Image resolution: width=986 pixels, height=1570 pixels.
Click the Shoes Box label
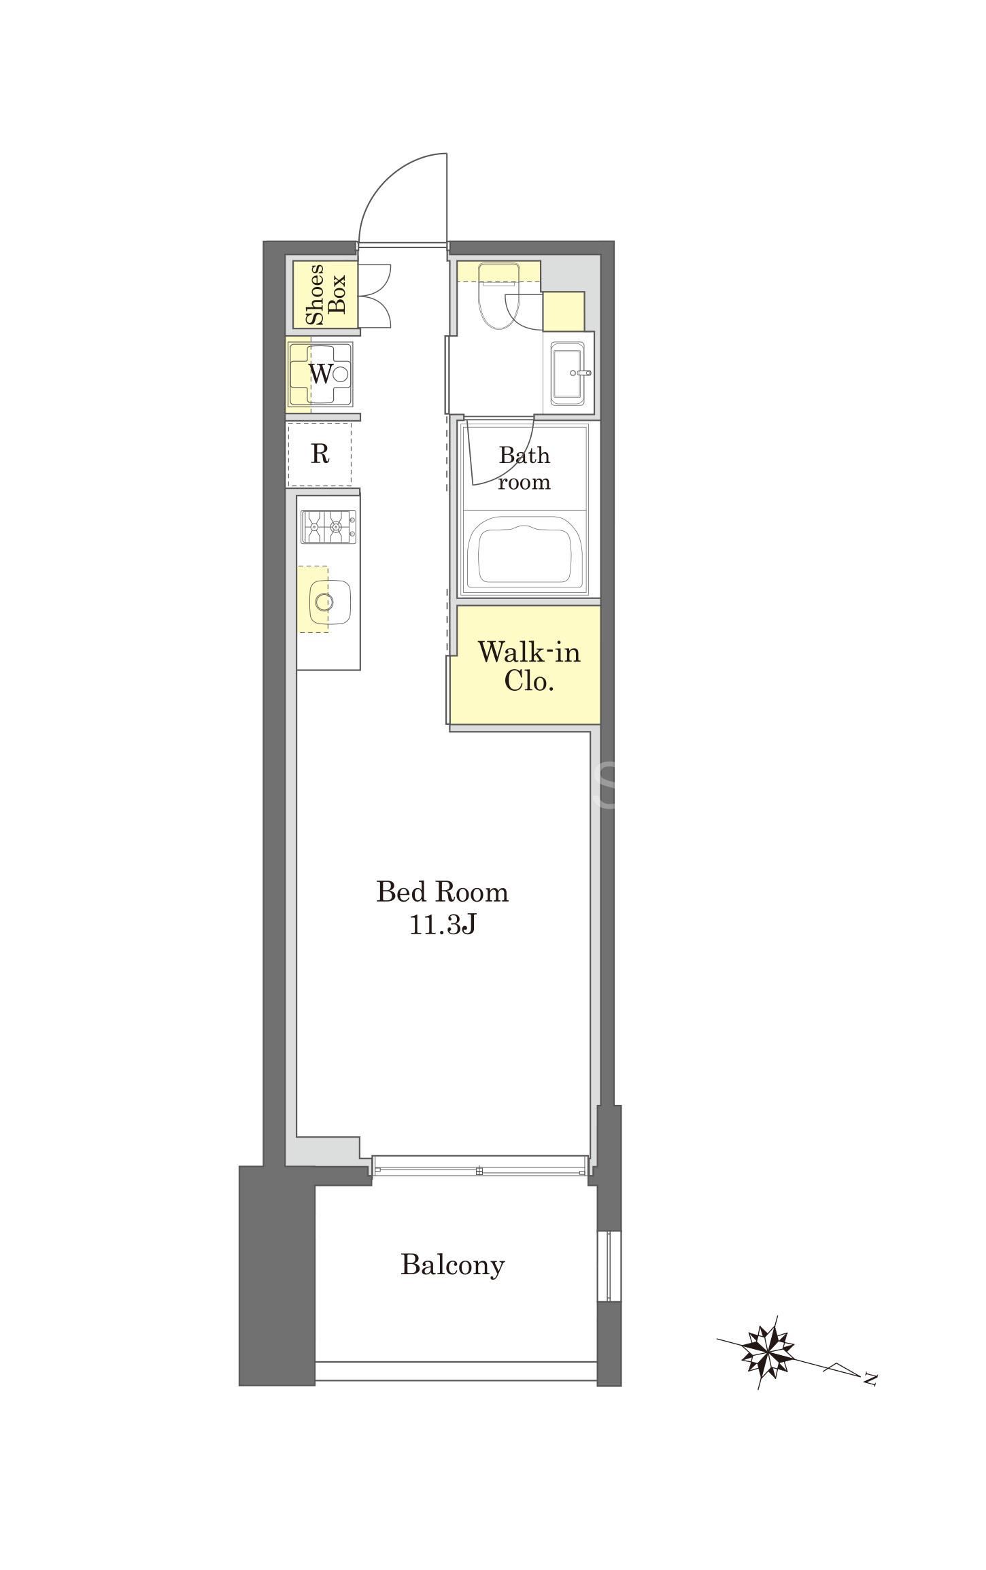coord(326,294)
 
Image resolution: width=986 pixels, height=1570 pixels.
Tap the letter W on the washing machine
coord(321,373)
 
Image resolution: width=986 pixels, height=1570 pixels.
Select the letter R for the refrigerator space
coord(320,454)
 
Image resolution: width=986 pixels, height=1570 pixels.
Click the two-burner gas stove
coord(328,526)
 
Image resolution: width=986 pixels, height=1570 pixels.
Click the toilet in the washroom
coord(498,296)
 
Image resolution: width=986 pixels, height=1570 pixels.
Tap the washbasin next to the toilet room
coord(568,373)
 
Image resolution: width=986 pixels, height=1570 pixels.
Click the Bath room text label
coord(524,468)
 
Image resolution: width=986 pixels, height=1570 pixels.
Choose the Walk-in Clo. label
coord(529,666)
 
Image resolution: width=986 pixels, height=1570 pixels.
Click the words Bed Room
coord(443,892)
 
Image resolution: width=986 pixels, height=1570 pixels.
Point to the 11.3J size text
coord(442,925)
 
